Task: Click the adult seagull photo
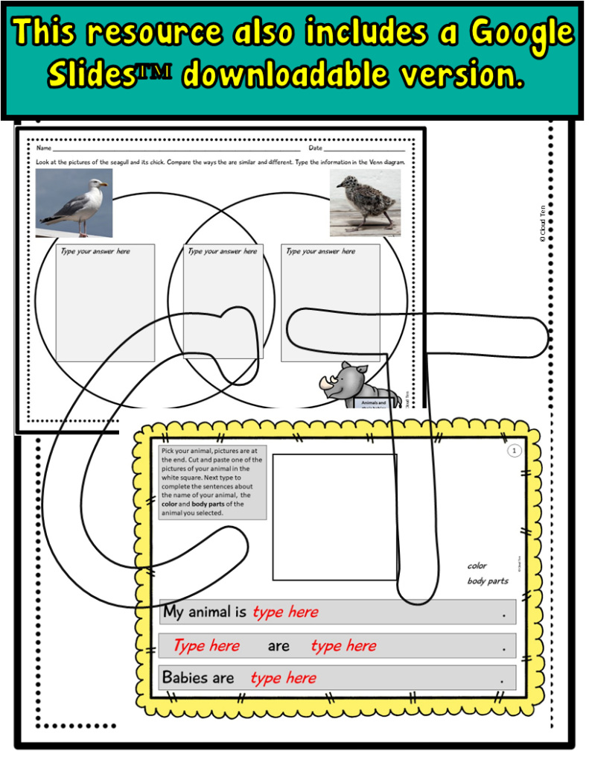(74, 203)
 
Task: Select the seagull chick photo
(365, 203)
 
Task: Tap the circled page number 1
(514, 451)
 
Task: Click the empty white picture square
(334, 516)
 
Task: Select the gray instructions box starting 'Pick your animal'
(212, 482)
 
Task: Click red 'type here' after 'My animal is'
(285, 612)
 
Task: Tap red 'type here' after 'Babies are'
(283, 678)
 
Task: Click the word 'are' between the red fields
(278, 646)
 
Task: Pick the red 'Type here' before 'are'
(206, 646)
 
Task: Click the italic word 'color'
(477, 566)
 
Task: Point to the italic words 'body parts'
(488, 581)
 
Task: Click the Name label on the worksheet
(44, 148)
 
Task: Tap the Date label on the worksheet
(316, 148)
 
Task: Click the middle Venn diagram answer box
(223, 302)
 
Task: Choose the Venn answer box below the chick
(330, 302)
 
